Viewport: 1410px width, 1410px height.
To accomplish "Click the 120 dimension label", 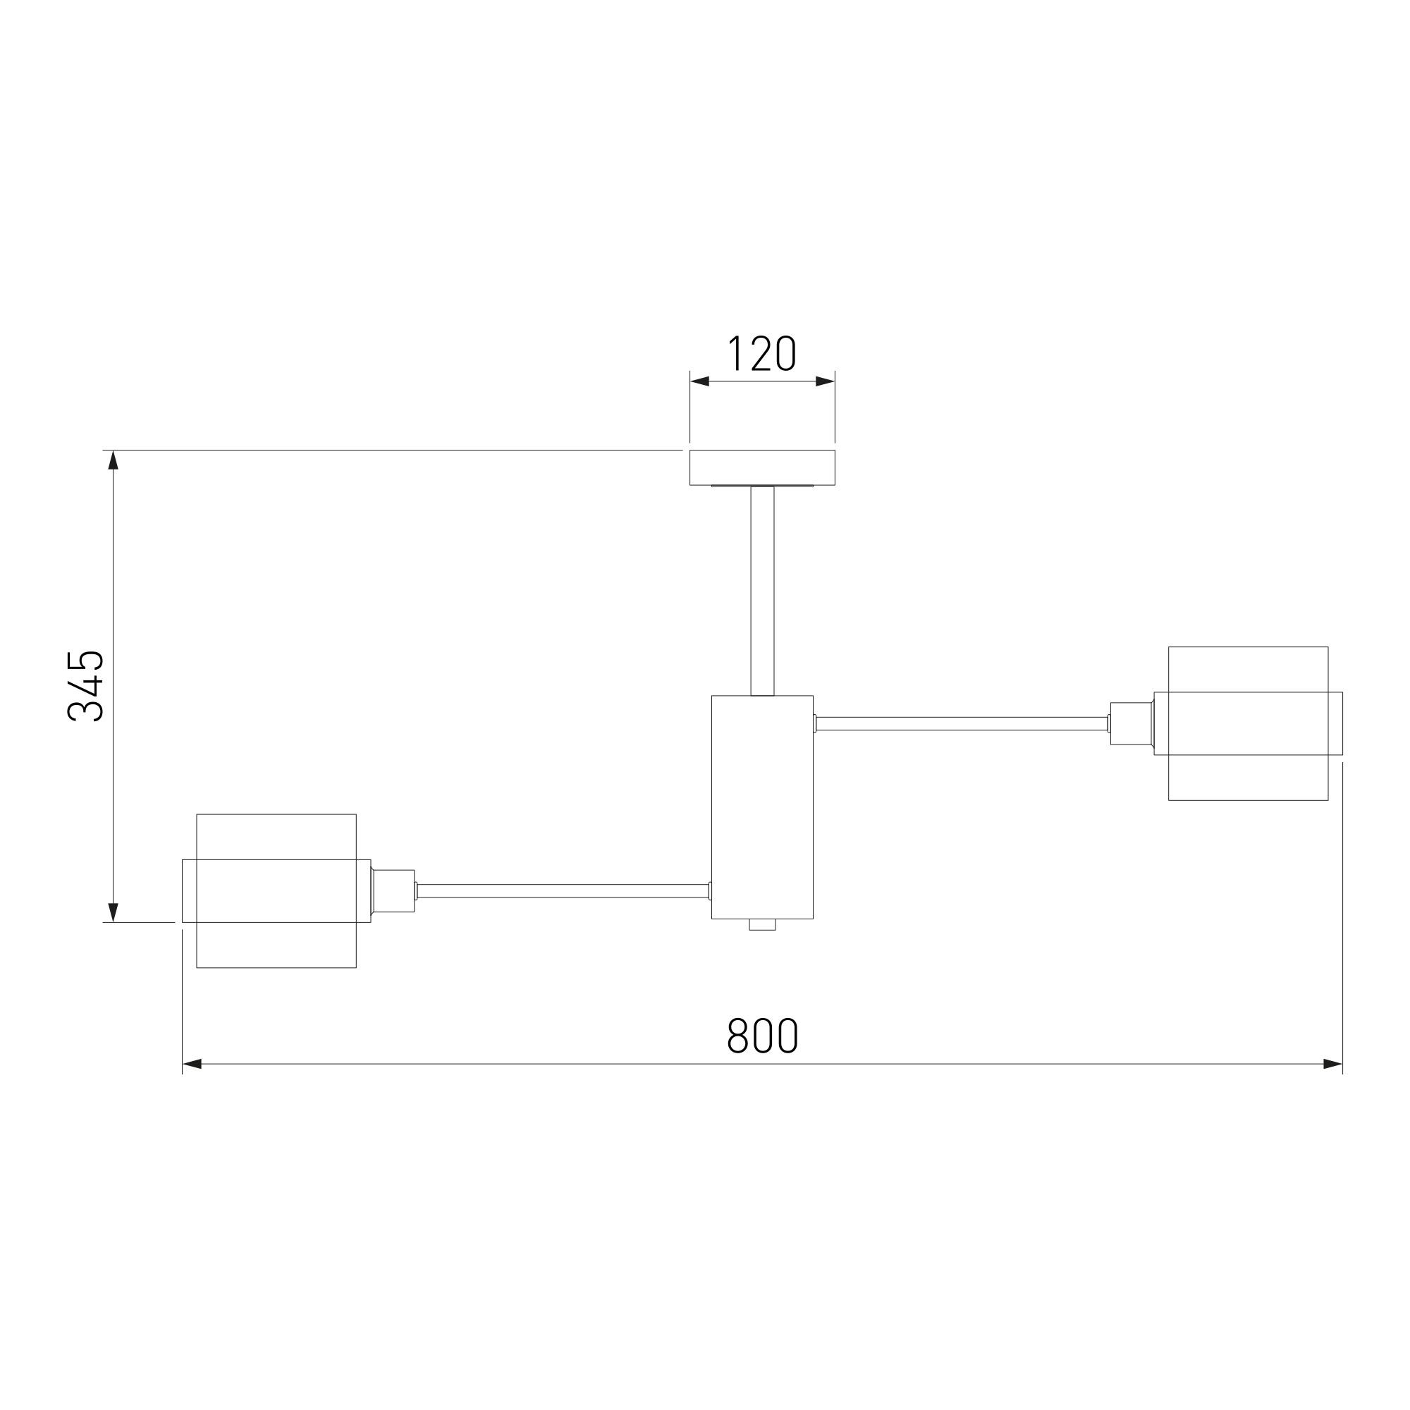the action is tap(762, 354).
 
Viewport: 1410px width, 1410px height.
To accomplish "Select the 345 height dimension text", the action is tap(85, 686).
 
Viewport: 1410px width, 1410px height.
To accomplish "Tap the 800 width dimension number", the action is tap(763, 1036).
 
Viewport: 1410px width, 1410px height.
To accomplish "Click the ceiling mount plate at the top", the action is tap(762, 468).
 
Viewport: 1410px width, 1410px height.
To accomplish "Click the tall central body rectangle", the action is tap(762, 807).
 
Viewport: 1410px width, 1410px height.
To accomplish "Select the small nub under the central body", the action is tap(762, 925).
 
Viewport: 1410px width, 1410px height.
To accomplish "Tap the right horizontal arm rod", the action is tap(961, 724).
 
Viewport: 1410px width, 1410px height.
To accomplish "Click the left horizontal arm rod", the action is tap(563, 891).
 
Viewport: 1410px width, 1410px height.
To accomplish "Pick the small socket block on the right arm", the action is tap(1132, 724).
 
